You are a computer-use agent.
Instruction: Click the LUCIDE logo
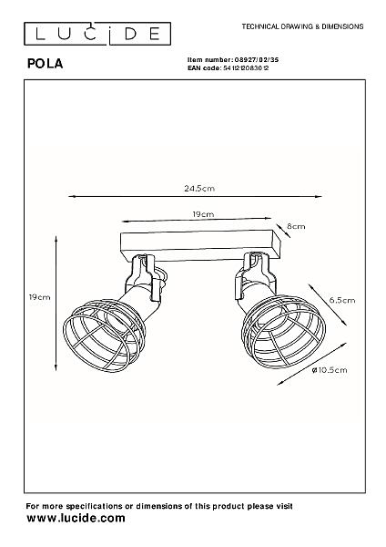point(97,34)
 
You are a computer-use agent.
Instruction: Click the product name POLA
point(46,64)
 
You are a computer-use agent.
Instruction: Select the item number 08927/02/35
point(256,60)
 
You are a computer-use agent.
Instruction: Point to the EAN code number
point(246,68)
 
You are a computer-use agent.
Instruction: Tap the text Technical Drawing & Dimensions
point(303,26)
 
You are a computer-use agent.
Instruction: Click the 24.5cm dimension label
point(199,189)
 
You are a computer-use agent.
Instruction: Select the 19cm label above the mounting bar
point(203,214)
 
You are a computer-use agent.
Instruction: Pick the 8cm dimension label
point(296,226)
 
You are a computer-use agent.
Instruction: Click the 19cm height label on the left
point(39,297)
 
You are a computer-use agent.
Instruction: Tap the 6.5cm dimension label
point(342,300)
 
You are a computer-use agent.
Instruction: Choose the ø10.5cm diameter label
point(330,370)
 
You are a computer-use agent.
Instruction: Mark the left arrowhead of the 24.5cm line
point(72,197)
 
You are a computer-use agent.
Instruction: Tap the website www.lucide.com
point(76,518)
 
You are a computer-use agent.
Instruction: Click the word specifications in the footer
point(94,506)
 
